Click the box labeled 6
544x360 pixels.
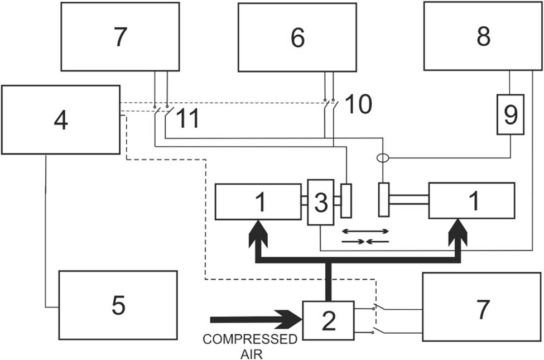[x=297, y=37]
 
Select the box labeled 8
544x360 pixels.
[x=483, y=36]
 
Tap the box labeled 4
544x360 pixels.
[x=60, y=119]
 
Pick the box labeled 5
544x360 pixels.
[x=118, y=305]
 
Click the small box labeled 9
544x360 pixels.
[x=511, y=114]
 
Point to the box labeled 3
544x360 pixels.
[x=320, y=203]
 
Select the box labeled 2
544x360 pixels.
[x=328, y=320]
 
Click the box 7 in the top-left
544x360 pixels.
[x=120, y=36]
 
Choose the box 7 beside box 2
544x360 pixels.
[x=482, y=307]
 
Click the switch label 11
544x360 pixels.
[x=189, y=118]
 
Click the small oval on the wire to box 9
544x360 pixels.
[x=383, y=159]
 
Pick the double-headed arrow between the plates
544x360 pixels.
[x=365, y=231]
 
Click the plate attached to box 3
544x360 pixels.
[x=346, y=200]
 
